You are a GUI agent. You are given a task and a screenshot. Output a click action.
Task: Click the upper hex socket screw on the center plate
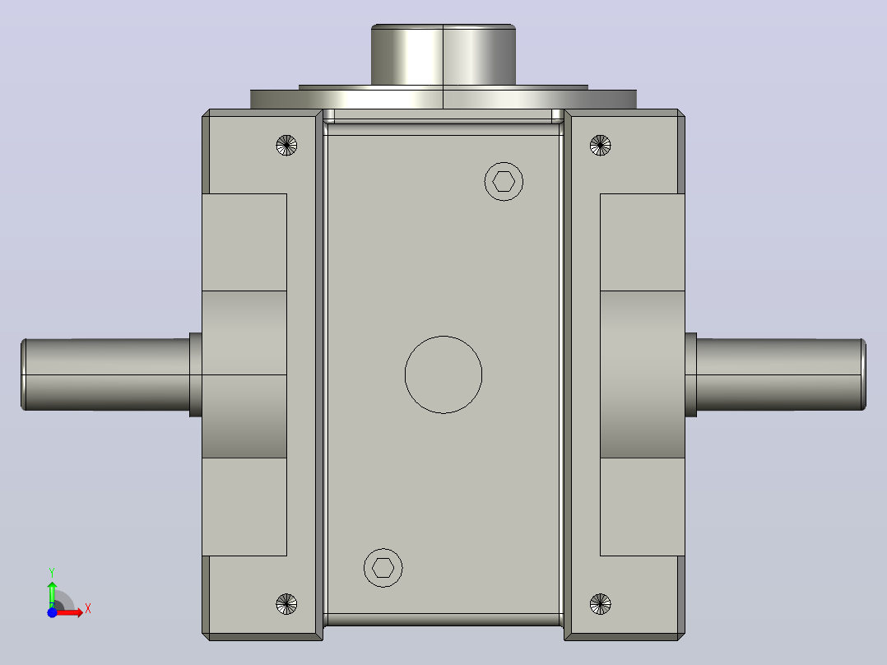(504, 182)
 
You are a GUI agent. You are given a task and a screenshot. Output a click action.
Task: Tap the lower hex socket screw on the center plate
(383, 567)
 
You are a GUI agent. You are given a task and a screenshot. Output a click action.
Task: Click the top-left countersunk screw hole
(286, 146)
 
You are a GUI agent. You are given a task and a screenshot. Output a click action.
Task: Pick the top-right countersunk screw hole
(600, 146)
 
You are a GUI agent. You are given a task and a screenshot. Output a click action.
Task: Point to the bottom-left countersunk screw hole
(286, 604)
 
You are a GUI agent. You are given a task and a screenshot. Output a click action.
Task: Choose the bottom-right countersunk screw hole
(600, 604)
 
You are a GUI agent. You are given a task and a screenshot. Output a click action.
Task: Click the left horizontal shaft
(105, 374)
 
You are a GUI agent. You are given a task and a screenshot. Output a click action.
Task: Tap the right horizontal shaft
(781, 374)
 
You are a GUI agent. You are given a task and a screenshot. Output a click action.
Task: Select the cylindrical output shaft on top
(443, 55)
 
